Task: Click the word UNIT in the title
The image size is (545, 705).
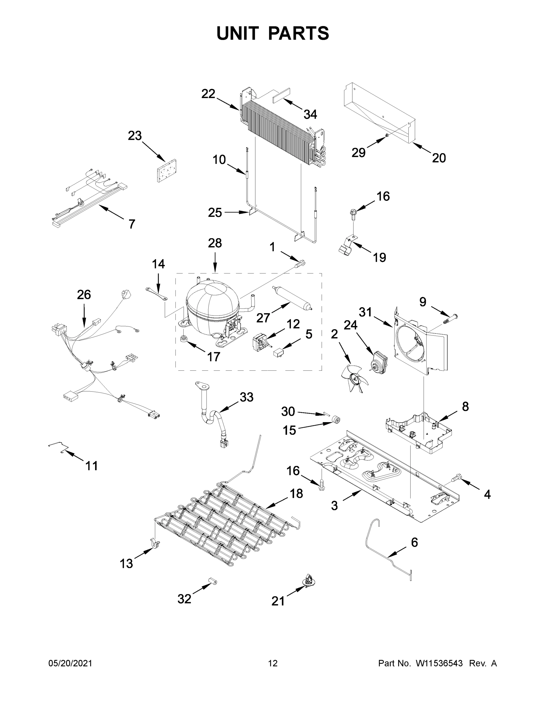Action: coord(238,33)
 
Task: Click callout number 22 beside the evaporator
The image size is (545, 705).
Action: coord(208,94)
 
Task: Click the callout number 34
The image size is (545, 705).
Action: coord(310,114)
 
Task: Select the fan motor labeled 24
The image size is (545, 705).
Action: coord(378,362)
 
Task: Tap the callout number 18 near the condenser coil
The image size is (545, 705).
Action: coord(296,493)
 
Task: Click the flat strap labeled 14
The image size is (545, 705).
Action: coord(156,294)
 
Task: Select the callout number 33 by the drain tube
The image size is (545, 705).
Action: coord(246,397)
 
